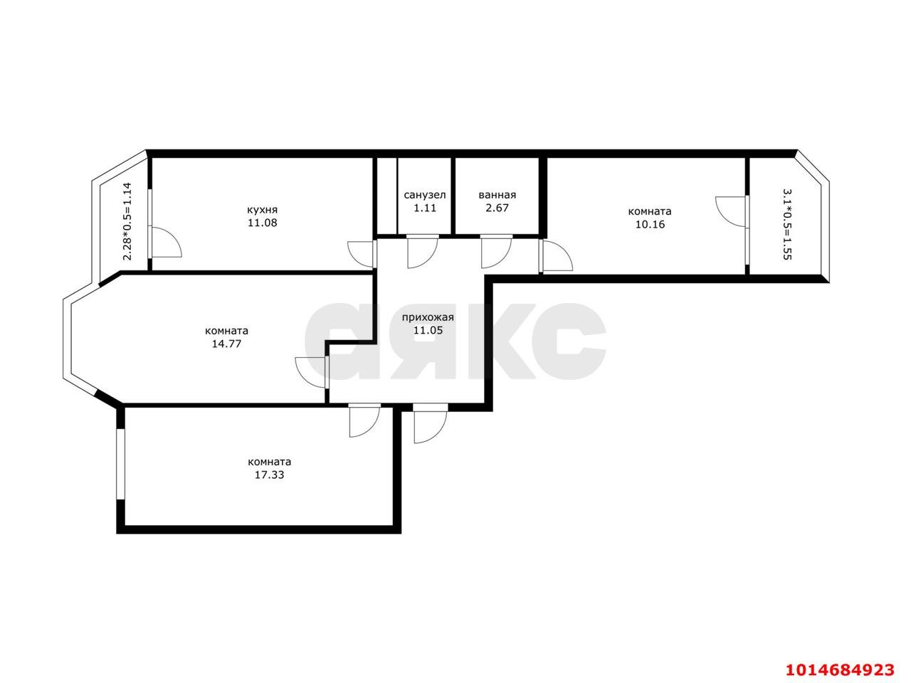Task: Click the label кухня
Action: point(262,210)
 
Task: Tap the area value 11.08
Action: point(262,223)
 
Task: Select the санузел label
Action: point(425,195)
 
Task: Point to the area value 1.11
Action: point(425,208)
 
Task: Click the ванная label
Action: point(497,195)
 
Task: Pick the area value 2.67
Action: point(497,208)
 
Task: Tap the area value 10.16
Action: point(649,225)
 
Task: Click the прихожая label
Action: point(428,318)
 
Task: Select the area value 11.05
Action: point(428,330)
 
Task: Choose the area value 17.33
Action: point(269,475)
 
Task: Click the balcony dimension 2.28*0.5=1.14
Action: point(127,221)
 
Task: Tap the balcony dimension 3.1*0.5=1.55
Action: point(786,224)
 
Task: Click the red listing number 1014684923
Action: point(839,669)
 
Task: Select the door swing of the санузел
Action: point(421,252)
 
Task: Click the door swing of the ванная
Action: point(495,252)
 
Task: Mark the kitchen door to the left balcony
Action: point(165,243)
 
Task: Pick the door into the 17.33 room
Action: point(364,420)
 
